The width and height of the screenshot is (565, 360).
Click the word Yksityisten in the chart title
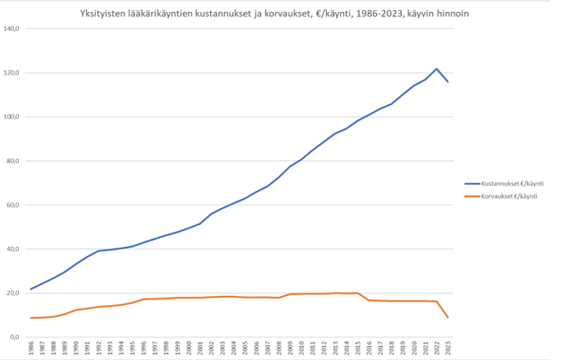coord(103,14)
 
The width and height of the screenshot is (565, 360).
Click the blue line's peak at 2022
coord(437,69)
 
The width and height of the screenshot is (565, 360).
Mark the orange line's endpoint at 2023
coord(448,317)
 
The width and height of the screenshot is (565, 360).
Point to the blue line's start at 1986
coord(30,289)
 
